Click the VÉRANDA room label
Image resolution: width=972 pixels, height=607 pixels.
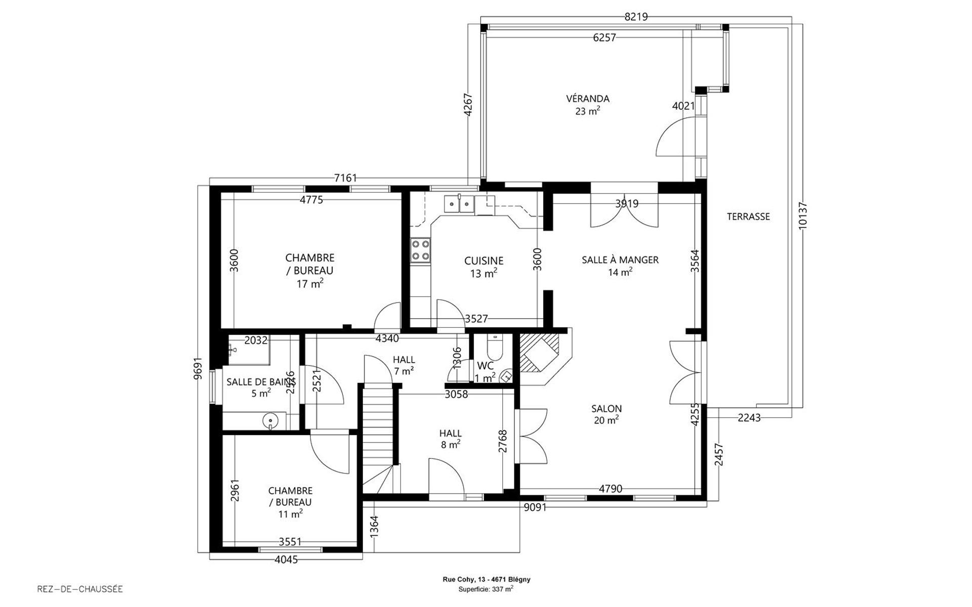coord(587,99)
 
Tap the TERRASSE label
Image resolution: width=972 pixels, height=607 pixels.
coord(748,216)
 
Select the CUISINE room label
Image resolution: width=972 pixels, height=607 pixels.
coord(484,261)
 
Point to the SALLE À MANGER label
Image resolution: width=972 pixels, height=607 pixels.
coord(620,259)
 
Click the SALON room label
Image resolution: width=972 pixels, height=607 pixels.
coord(606,408)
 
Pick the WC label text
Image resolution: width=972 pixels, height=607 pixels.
coord(485,366)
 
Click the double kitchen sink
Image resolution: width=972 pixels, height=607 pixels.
coord(459,204)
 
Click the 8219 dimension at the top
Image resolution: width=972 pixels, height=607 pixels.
coord(636,17)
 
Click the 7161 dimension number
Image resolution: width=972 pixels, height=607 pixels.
coord(346,178)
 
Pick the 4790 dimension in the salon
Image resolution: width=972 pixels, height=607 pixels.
coord(611,489)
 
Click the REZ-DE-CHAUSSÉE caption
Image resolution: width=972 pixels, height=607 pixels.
coord(80,589)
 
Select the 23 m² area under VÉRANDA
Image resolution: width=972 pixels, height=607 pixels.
coord(587,111)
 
